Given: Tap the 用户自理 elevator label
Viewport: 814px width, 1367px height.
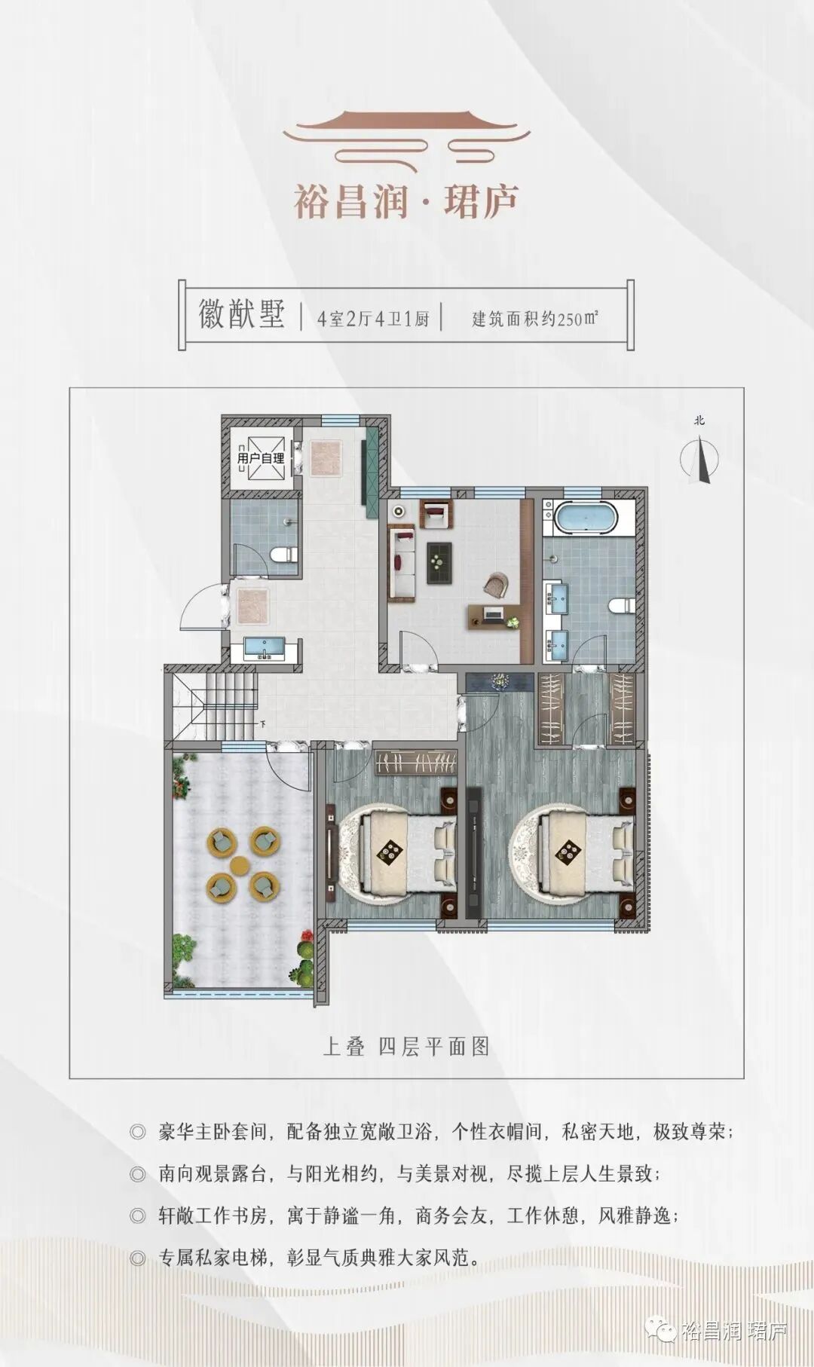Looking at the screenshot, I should coord(260,457).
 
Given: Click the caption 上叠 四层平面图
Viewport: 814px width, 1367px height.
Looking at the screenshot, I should coord(406,1046).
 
